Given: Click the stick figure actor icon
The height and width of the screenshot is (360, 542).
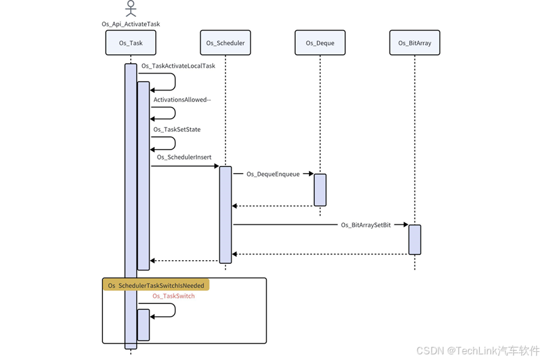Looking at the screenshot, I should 131,9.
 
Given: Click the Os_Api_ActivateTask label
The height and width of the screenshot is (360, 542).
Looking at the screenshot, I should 131,24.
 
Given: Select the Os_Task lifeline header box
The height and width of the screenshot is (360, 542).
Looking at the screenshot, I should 131,43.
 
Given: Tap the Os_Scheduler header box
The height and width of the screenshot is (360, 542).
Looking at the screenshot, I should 225,43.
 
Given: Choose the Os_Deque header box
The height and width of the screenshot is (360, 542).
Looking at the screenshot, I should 320,43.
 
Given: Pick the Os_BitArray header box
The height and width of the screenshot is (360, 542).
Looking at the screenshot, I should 415,43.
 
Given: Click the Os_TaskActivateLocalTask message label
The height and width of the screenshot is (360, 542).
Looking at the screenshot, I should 178,65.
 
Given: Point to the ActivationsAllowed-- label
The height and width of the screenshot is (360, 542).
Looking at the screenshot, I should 182,99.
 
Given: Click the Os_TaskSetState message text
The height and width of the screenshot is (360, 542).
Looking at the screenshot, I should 177,129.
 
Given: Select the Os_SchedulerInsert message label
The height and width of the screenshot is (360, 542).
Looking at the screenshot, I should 184,157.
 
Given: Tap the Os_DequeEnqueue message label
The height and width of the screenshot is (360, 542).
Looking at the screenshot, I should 273,174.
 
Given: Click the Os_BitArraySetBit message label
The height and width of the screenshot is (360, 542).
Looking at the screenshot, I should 366,224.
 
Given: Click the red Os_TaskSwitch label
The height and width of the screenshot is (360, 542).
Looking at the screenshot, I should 173,296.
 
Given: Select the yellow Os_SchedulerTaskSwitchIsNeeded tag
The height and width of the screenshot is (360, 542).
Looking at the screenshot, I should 156,285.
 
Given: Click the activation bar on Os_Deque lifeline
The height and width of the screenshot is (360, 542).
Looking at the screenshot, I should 320,190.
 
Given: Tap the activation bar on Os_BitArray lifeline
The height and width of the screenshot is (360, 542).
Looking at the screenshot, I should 415,239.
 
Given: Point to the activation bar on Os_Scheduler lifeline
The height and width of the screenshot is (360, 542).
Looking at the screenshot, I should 225,214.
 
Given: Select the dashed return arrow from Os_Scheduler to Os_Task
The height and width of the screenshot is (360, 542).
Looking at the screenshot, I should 185,260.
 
